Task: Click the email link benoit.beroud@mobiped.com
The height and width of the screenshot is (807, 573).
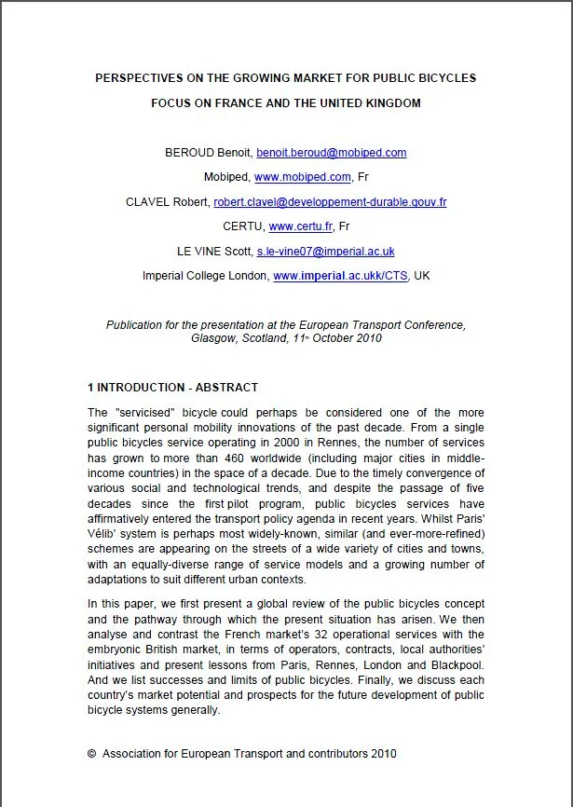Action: pyautogui.click(x=332, y=153)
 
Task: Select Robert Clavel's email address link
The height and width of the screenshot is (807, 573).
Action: pyautogui.click(x=330, y=202)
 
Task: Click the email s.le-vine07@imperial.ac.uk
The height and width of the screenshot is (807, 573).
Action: pyautogui.click(x=325, y=252)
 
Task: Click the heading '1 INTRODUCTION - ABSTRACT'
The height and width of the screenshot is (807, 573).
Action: pyautogui.click(x=172, y=388)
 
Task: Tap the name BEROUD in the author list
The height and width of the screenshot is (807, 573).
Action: pyautogui.click(x=188, y=153)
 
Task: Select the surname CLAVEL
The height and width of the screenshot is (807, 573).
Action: pyautogui.click(x=148, y=202)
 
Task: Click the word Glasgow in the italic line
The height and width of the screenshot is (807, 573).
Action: pyautogui.click(x=216, y=338)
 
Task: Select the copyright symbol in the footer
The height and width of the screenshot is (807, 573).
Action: pyautogui.click(x=92, y=753)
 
